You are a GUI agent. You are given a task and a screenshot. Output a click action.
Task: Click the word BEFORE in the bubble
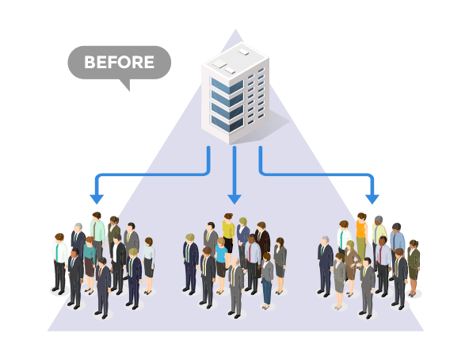coord(119,63)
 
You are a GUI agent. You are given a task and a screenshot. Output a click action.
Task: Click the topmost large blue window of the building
coord(227,86)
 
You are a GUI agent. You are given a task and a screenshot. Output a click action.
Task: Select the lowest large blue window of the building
coord(227,124)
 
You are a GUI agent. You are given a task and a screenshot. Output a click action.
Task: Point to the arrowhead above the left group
coord(97,199)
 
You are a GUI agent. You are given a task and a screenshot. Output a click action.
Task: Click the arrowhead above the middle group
coord(234,199)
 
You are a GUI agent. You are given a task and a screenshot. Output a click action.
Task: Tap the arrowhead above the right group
coord(372,199)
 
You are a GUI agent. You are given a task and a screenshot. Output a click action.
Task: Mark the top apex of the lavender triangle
coord(235,29)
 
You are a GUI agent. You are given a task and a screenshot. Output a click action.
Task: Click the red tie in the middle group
coord(250,253)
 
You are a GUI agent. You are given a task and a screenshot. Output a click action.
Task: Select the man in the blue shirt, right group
coord(397,243)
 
